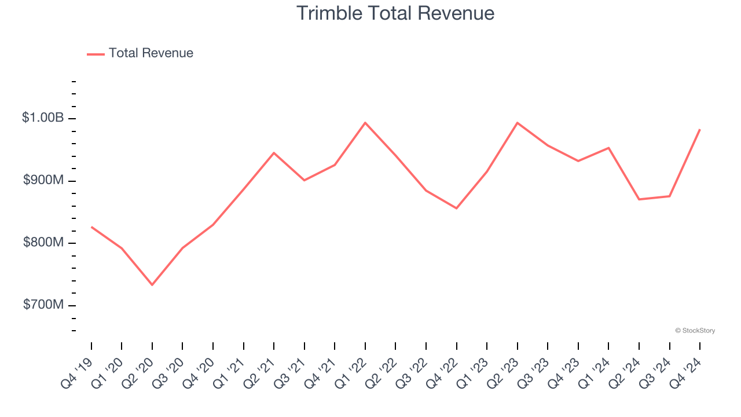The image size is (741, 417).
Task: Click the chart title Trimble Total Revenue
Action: pyautogui.click(x=395, y=13)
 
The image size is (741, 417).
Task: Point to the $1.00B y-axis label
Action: pyautogui.click(x=43, y=118)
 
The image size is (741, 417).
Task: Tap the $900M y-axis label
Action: pyautogui.click(x=43, y=181)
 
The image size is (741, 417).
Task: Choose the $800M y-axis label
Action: pyautogui.click(x=43, y=243)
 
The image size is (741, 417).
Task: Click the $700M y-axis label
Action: pyautogui.click(x=43, y=305)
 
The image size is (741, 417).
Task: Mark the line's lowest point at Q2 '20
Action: pyautogui.click(x=152, y=285)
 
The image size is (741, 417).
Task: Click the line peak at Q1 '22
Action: pyautogui.click(x=365, y=123)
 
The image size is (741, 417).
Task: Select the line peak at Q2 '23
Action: pyautogui.click(x=517, y=123)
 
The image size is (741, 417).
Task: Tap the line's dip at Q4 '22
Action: pyautogui.click(x=456, y=208)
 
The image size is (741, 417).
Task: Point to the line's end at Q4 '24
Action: pyautogui.click(x=699, y=130)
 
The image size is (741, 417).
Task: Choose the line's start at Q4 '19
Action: pyautogui.click(x=91, y=227)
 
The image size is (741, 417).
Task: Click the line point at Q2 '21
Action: pyautogui.click(x=274, y=153)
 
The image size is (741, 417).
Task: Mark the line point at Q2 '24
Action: pyautogui.click(x=639, y=199)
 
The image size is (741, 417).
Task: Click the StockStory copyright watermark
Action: pyautogui.click(x=695, y=331)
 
